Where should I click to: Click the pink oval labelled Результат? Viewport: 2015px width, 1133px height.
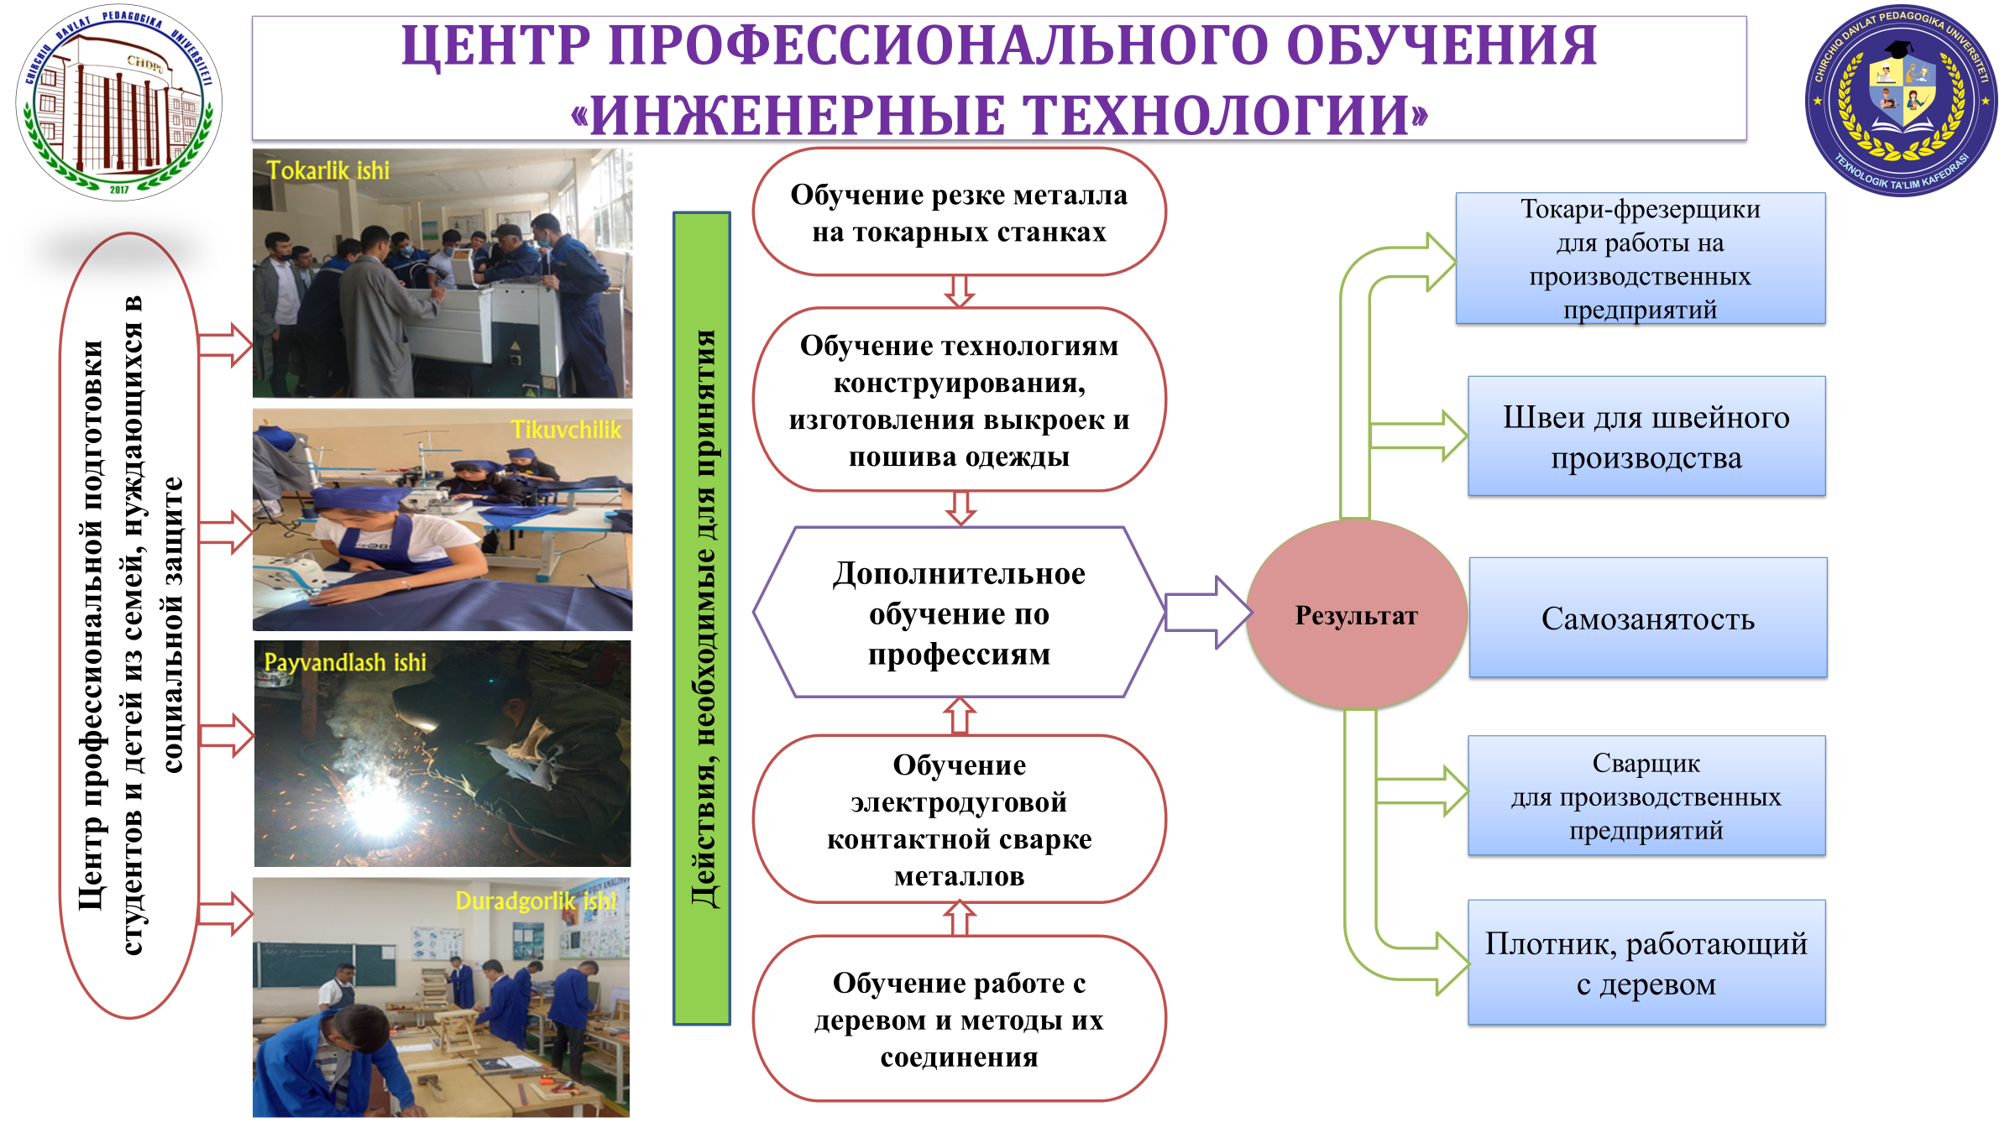tap(1356, 615)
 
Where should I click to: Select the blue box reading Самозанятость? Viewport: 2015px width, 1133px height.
tap(1647, 618)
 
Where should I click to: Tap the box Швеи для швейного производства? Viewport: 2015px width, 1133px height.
tap(1646, 436)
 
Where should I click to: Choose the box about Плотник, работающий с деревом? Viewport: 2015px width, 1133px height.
tap(1646, 963)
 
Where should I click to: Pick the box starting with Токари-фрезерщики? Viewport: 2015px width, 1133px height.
tap(1640, 258)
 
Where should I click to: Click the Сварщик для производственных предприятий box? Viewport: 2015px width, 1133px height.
tap(1646, 796)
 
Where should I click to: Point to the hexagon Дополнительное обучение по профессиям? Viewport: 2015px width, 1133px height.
tap(959, 613)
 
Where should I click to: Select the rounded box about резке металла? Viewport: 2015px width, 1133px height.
tap(959, 212)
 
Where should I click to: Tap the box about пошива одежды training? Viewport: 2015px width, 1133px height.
tap(959, 400)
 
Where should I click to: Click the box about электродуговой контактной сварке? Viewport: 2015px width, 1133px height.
tap(959, 819)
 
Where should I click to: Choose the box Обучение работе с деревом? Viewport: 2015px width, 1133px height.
tap(959, 1019)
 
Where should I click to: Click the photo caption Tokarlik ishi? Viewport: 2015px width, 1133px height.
tap(328, 170)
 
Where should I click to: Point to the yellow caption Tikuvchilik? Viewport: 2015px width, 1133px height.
tap(567, 430)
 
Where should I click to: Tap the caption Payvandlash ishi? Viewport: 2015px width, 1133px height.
tap(345, 662)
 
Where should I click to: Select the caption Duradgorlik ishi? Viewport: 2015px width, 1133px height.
tap(536, 901)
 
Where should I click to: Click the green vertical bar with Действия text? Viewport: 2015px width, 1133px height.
tap(702, 618)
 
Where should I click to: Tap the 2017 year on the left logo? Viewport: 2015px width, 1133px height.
tap(119, 190)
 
